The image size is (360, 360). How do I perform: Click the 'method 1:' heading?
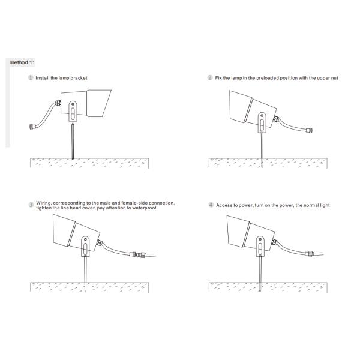click(22, 62)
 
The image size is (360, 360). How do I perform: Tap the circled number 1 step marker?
click(31, 77)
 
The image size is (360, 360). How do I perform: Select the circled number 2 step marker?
click(210, 77)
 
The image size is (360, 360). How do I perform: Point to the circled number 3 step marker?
click(31, 205)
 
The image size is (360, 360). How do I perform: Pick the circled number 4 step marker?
click(211, 205)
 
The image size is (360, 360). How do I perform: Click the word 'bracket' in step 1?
click(79, 78)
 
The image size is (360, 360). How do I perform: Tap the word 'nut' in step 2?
click(334, 78)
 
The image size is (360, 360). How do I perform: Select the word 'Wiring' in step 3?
click(44, 203)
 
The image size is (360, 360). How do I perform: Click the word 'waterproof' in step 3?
click(144, 208)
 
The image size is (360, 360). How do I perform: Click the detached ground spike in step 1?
click(73, 141)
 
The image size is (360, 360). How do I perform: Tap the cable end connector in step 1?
click(32, 127)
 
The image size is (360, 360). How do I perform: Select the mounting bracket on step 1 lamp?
click(73, 111)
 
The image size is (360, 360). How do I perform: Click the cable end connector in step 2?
click(310, 130)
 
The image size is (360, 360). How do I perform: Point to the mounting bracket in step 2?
click(262, 122)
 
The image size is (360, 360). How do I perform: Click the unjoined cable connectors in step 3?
click(137, 254)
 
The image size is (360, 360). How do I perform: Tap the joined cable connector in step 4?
click(309, 254)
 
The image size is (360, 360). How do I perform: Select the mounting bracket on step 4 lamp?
click(260, 246)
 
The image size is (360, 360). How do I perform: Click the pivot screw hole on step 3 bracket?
click(85, 239)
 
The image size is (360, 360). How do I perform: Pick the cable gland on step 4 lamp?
click(274, 242)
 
